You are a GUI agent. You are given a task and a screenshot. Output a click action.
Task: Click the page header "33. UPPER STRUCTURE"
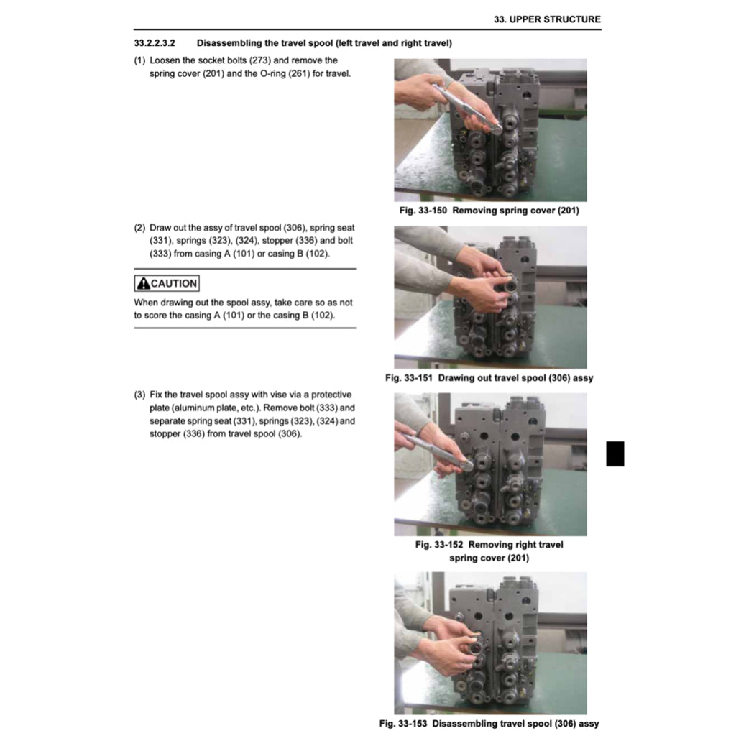tap(547, 19)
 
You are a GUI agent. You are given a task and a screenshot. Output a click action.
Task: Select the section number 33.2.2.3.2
tap(155, 43)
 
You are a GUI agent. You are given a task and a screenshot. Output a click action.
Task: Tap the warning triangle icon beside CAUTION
tap(143, 283)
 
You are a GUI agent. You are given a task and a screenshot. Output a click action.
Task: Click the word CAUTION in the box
tap(173, 283)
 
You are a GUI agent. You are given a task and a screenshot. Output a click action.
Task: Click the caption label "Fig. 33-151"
tap(409, 377)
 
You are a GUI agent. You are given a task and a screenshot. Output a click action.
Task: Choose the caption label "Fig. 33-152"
tap(439, 544)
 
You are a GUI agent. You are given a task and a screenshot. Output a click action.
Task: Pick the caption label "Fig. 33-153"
tap(404, 723)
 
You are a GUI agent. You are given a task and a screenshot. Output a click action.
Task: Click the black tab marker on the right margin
tap(615, 453)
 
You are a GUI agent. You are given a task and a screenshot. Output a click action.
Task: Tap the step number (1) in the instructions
tap(140, 60)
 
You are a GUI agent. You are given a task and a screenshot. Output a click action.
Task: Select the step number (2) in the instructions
tap(140, 227)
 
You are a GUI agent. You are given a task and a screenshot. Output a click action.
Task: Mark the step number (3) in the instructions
tap(140, 395)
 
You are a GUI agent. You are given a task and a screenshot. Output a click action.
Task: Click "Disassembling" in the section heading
tap(229, 43)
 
